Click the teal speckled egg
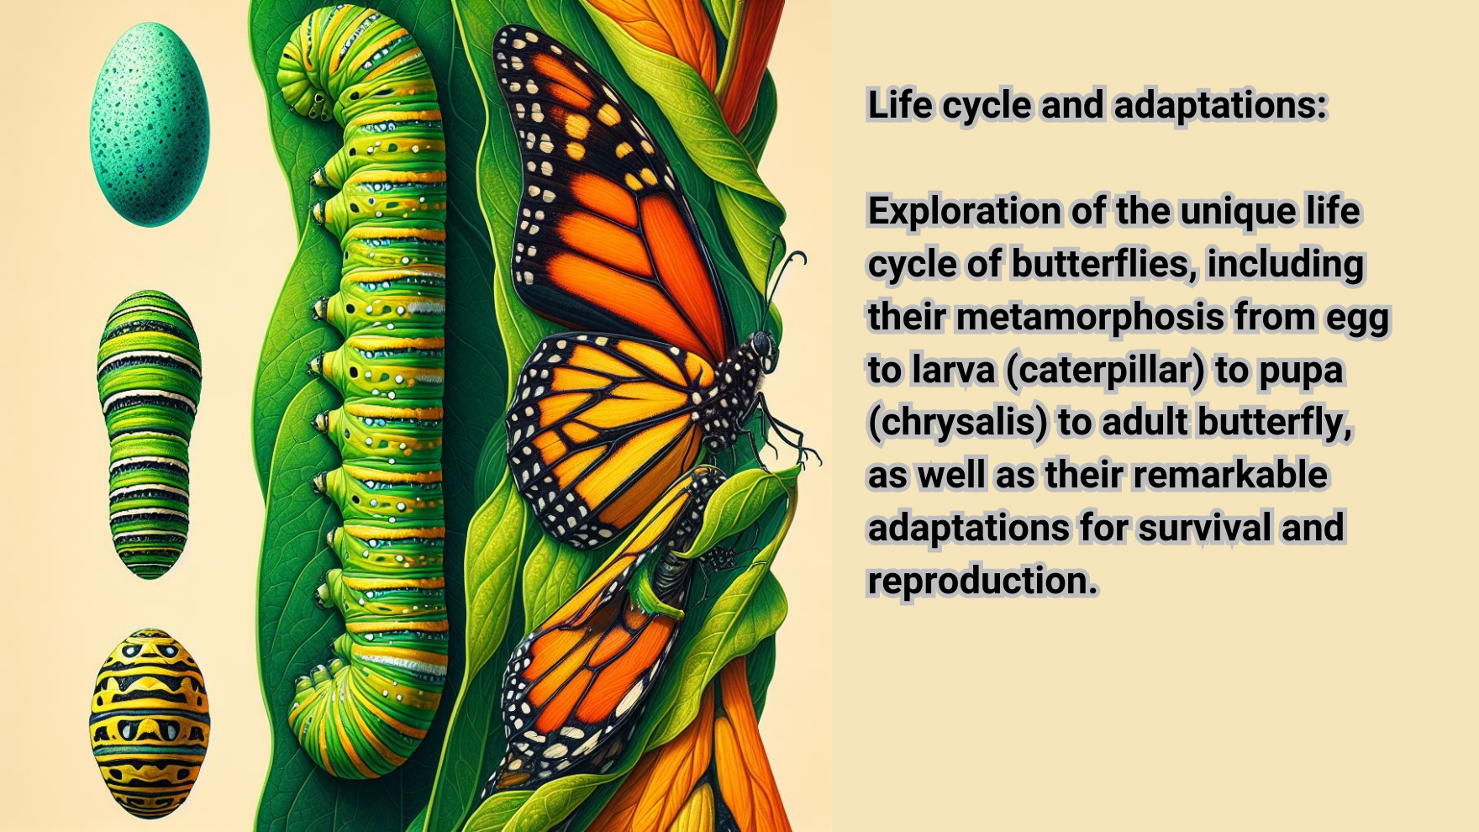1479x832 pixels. click(149, 124)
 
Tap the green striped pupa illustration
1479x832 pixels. click(150, 434)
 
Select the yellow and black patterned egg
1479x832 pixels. click(150, 723)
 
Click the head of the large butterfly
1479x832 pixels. click(763, 344)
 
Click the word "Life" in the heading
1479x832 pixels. click(900, 105)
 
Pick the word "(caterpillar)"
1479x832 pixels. click(1104, 371)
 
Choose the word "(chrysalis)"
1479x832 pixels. click(957, 423)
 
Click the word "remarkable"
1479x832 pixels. click(1231, 475)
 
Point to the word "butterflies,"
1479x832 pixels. click(1104, 264)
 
